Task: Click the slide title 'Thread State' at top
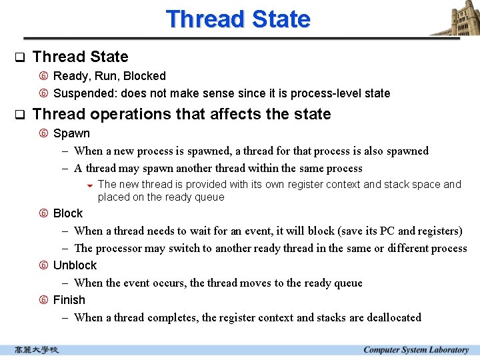[x=238, y=19]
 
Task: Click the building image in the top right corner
[x=455, y=18]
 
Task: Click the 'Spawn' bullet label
[x=71, y=133]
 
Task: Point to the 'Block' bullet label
[x=68, y=213]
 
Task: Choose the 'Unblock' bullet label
[x=75, y=265]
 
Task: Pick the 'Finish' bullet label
[x=69, y=300]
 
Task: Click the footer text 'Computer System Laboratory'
[x=416, y=350]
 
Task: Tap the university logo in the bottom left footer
[x=37, y=350]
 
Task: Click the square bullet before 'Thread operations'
[x=19, y=115]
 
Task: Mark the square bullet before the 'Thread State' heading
[x=19, y=57]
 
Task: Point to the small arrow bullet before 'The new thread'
[x=89, y=185]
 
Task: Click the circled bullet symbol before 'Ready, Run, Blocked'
[x=43, y=77]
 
